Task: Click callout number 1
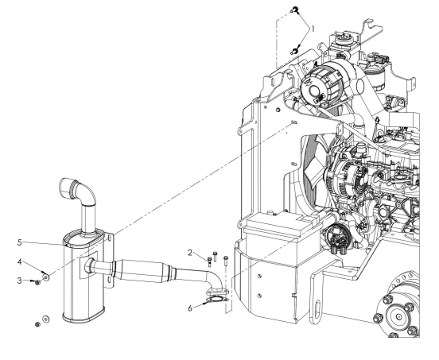click(x=313, y=29)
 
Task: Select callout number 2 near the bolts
click(x=190, y=253)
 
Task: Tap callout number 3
click(x=19, y=281)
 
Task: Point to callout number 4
click(x=19, y=261)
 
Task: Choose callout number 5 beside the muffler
click(x=19, y=242)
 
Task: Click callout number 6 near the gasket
click(x=190, y=308)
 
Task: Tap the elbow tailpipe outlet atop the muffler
click(x=77, y=190)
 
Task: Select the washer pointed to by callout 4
click(x=46, y=277)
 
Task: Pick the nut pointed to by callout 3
click(x=38, y=283)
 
